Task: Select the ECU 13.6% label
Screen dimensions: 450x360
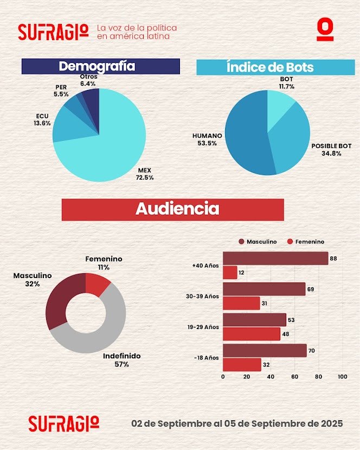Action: pyautogui.click(x=43, y=119)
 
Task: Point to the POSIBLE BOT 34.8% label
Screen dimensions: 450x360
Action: pyautogui.click(x=330, y=150)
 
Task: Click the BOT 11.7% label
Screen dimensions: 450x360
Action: pyautogui.click(x=286, y=82)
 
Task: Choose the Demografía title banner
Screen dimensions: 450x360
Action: pyautogui.click(x=101, y=66)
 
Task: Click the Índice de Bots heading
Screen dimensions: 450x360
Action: pyautogui.click(x=269, y=67)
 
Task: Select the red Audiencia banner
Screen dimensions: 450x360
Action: pyautogui.click(x=172, y=209)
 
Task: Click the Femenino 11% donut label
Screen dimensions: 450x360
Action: pyautogui.click(x=104, y=263)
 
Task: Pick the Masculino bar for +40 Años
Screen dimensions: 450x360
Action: pyautogui.click(x=275, y=259)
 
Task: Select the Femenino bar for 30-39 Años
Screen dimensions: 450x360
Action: pyautogui.click(x=241, y=303)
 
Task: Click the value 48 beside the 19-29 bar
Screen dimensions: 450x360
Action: pyautogui.click(x=285, y=334)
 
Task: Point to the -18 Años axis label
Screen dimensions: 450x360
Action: pyautogui.click(x=205, y=358)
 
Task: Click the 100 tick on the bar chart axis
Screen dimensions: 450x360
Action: pyautogui.click(x=342, y=376)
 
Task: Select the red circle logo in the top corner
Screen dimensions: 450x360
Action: pyautogui.click(x=325, y=30)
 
